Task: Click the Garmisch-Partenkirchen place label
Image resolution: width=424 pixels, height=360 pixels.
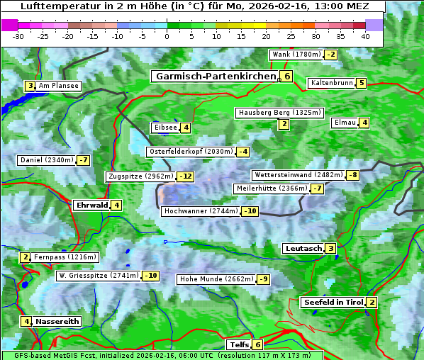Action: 215,76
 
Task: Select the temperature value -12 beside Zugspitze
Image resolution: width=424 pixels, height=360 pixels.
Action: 186,176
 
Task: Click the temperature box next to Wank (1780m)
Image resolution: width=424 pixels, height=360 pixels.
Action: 330,55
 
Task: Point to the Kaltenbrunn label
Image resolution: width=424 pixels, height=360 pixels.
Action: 331,83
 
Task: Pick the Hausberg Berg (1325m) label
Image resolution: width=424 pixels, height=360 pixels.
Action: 279,113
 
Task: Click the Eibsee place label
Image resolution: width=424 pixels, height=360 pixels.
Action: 164,128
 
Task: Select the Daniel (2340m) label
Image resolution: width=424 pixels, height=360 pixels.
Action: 46,160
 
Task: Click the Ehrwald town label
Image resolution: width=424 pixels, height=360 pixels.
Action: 91,206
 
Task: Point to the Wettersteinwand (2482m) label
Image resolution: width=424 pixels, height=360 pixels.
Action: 298,175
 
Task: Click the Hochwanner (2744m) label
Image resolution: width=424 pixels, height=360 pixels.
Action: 200,211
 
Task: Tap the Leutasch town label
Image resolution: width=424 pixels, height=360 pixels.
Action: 303,248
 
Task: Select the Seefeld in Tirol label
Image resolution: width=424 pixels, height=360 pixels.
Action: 333,303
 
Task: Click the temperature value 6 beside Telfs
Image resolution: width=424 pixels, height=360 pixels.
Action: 257,345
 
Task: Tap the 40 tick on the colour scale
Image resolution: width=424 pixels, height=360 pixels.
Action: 364,36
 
